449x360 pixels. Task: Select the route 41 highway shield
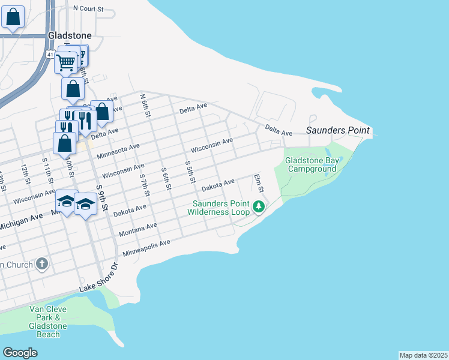coord(37,55)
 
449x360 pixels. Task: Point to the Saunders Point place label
coord(339,130)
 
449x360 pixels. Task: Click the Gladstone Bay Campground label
coord(310,164)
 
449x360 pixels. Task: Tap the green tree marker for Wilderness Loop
coord(259,207)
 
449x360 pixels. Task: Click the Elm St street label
coord(259,183)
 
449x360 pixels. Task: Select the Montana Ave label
coord(139,229)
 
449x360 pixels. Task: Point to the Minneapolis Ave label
coord(146,247)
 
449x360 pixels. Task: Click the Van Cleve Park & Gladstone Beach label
coord(48,322)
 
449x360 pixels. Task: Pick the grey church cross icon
coord(41,263)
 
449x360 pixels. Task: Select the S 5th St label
coord(190,172)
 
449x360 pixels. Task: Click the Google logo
coord(20,353)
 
